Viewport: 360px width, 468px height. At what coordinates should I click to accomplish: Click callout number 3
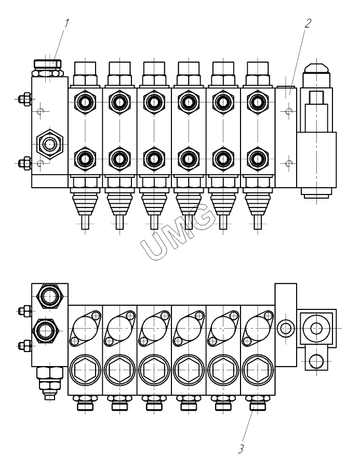click(241, 448)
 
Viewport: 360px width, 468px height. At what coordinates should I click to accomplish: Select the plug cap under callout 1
click(47, 64)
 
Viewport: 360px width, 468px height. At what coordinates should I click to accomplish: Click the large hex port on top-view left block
click(50, 144)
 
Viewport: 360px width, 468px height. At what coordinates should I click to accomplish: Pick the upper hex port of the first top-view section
click(85, 101)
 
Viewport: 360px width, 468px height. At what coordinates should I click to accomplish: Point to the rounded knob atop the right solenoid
click(316, 68)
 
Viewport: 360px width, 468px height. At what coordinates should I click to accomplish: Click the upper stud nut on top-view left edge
click(23, 99)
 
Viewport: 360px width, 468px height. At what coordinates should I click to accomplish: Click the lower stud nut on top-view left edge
click(23, 163)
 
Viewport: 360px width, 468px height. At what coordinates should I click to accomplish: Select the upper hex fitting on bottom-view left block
click(50, 297)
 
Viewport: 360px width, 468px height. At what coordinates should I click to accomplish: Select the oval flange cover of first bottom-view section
click(85, 328)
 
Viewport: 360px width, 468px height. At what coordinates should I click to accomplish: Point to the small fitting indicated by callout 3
click(257, 403)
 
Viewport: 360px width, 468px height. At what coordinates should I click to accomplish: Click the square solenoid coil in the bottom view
click(316, 328)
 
